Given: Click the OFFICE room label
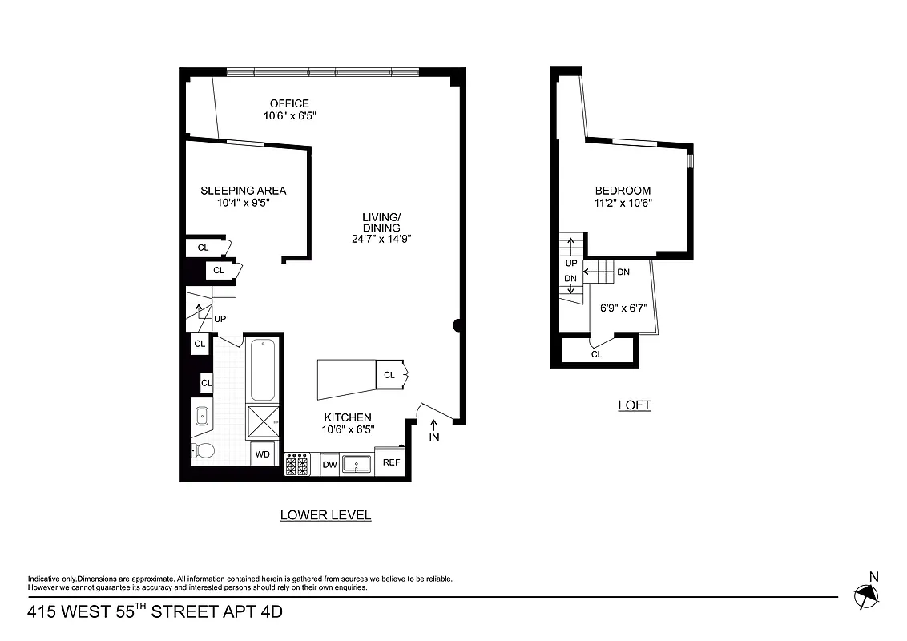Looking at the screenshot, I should [x=289, y=103].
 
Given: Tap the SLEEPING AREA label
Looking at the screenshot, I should [x=243, y=191].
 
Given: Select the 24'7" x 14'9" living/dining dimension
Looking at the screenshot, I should [x=381, y=239].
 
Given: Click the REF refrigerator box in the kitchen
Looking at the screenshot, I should [x=391, y=462].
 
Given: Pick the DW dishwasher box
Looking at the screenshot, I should [x=329, y=464].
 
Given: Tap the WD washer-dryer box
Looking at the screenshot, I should [x=262, y=454].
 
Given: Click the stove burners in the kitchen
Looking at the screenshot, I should [x=297, y=464].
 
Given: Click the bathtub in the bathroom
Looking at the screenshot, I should [x=263, y=370].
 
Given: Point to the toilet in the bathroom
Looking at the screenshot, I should [x=204, y=452].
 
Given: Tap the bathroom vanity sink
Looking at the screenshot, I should [x=201, y=417].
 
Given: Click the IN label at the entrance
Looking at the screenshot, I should [x=434, y=437].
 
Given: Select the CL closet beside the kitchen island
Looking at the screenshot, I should [x=390, y=375].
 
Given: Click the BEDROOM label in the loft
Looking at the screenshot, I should [x=623, y=191].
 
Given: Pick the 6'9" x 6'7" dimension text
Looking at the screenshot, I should [x=623, y=307].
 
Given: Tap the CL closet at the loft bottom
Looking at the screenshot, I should [x=596, y=353].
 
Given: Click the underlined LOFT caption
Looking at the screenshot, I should [x=634, y=405].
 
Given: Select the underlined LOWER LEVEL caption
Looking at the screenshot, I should [x=325, y=515].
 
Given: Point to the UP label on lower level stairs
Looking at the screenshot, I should [x=220, y=319].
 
